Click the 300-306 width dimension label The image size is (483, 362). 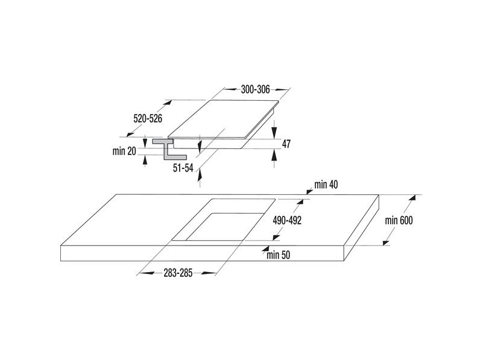(255, 90)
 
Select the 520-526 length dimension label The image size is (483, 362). (148, 118)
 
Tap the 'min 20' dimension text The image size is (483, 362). (124, 151)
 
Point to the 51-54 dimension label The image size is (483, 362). (183, 168)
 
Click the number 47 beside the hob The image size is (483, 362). (286, 144)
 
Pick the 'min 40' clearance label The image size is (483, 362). (326, 185)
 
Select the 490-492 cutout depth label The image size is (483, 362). (287, 220)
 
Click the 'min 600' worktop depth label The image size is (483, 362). (399, 220)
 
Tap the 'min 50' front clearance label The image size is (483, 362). (278, 255)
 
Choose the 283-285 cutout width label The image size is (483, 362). (178, 273)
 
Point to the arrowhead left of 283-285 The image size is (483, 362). (147, 273)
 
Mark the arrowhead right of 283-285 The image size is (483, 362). (209, 273)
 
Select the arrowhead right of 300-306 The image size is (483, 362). (282, 90)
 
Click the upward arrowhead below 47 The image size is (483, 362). (274, 155)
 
